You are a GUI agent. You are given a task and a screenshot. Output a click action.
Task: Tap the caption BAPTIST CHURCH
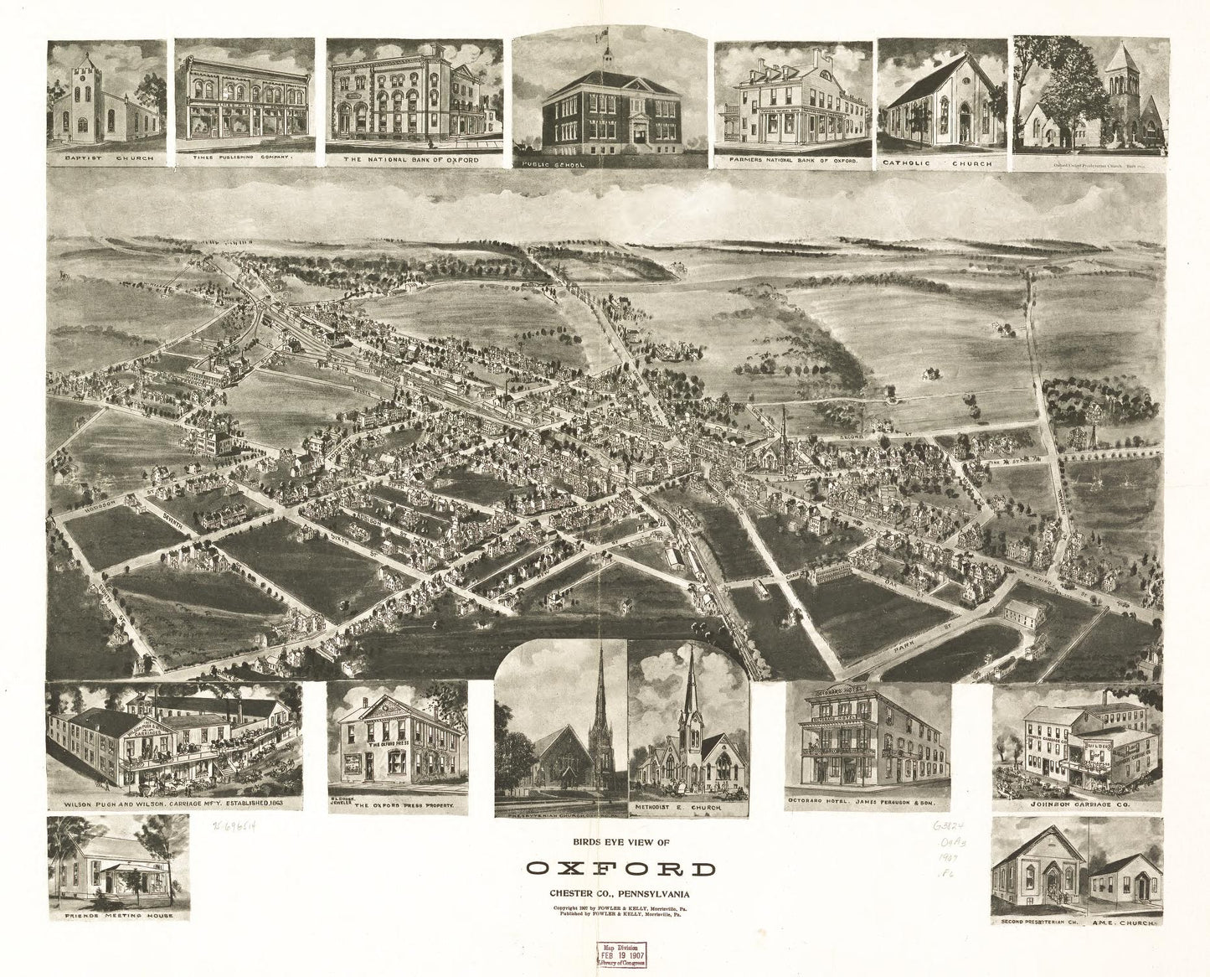[x=111, y=157]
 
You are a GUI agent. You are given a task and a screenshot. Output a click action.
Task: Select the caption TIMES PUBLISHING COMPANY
[x=244, y=157]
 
